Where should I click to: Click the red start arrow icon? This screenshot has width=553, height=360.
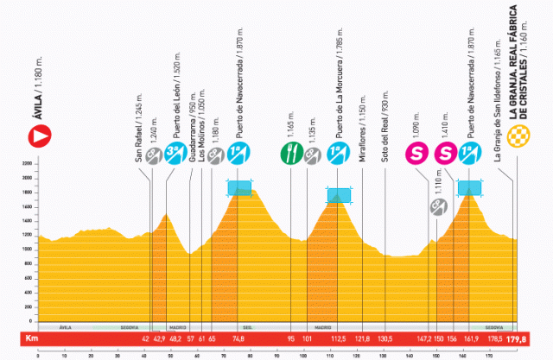click(39, 135)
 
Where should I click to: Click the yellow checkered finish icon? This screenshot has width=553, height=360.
click(517, 135)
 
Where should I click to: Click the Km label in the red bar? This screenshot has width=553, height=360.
click(32, 339)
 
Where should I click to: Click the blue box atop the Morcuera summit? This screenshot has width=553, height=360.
click(339, 195)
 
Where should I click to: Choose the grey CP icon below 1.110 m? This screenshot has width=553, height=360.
click(439, 205)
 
